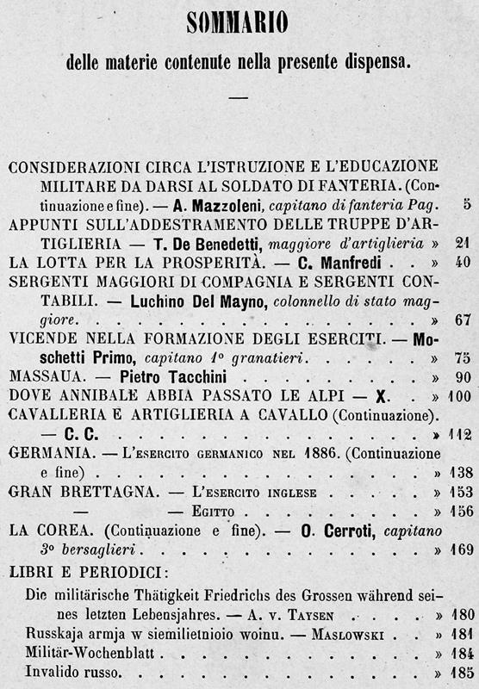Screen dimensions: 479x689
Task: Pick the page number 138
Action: [x=457, y=473]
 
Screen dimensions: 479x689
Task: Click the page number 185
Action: [x=457, y=669]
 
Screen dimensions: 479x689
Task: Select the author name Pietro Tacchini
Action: [x=159, y=377]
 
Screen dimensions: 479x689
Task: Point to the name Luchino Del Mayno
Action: [x=191, y=301]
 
